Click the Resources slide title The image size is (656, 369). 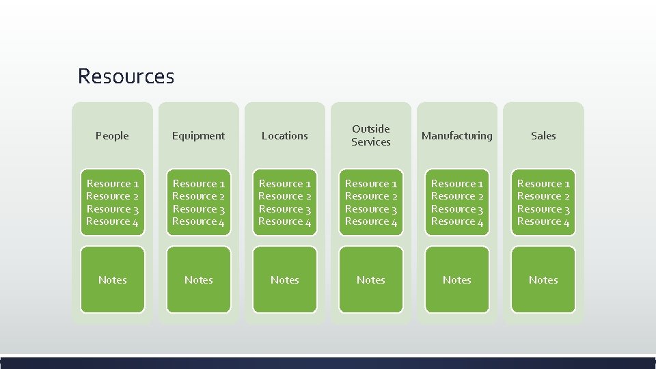126,76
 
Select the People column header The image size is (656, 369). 112,135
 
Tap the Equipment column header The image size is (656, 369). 198,135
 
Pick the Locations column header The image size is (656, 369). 284,135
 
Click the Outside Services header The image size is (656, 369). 371,135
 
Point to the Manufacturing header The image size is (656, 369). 457,135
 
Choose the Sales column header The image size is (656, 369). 543,135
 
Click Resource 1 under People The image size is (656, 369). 112,184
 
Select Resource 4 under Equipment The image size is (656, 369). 198,221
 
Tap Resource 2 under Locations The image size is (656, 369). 284,196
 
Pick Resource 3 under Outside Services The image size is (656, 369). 371,209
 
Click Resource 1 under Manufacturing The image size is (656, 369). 457,184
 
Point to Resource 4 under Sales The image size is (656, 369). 543,221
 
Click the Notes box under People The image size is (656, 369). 112,279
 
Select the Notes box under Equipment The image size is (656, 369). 198,279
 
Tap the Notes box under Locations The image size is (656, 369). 284,279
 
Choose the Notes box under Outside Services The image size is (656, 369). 371,279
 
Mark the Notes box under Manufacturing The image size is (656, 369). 457,279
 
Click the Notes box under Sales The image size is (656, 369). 543,279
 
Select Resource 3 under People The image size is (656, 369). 112,209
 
